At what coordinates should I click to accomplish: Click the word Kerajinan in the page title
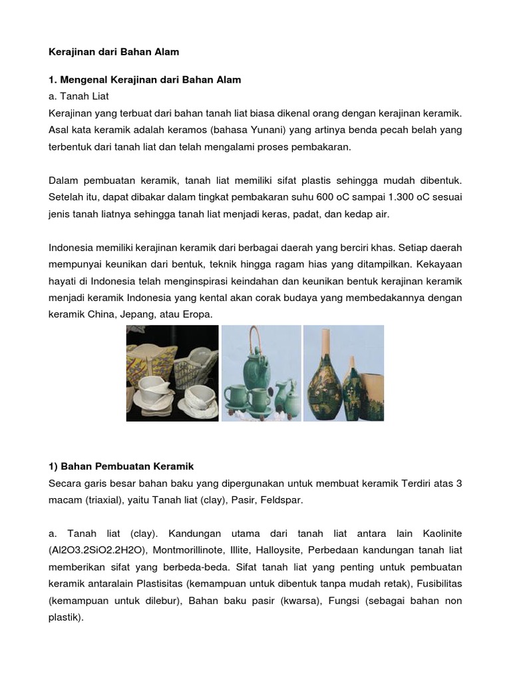pos(71,51)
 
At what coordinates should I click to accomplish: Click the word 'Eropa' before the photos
pos(198,314)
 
